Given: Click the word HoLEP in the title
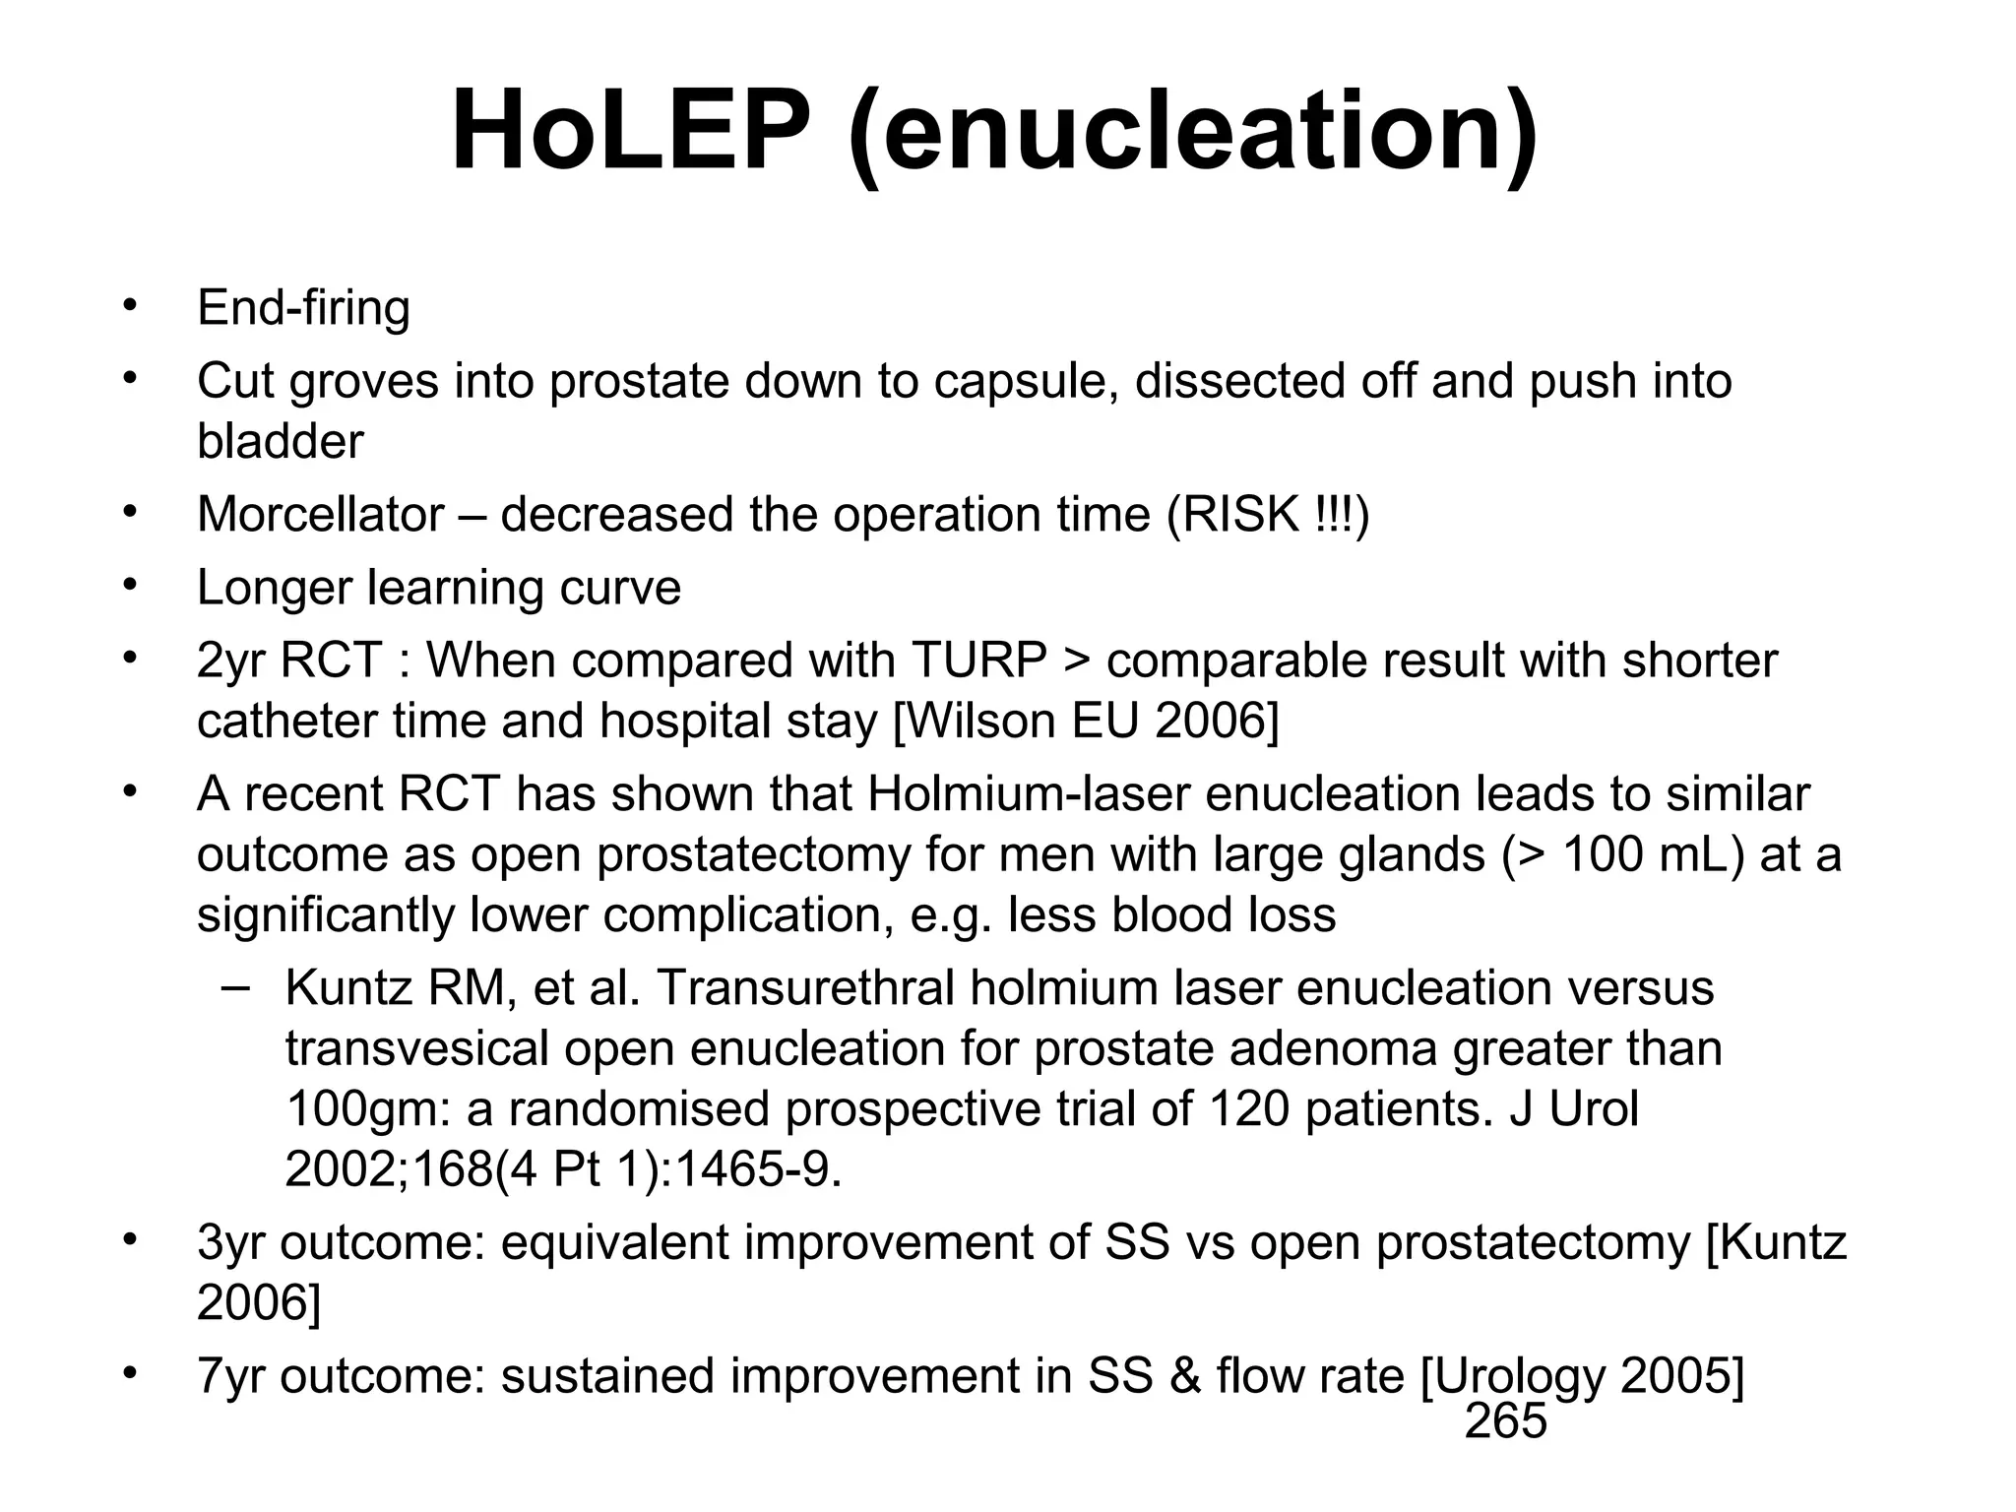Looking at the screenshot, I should pos(630,133).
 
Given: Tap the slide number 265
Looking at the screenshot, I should pos(1505,1421).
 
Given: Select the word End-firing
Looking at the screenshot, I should pos(303,308).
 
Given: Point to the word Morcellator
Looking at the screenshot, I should pos(321,515).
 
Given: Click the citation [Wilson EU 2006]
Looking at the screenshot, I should pos(1086,722).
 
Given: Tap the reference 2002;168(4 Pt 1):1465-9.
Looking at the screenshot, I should pos(563,1170).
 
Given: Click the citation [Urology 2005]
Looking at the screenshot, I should pos(1582,1376).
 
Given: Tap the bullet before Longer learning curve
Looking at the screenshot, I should pos(127,586).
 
